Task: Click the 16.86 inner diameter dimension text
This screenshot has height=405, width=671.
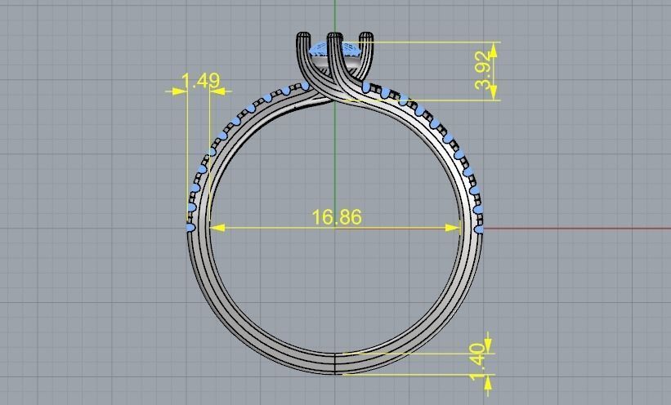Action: [336, 217]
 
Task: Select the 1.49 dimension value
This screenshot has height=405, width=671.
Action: [199, 81]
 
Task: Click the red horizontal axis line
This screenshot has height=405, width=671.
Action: [572, 229]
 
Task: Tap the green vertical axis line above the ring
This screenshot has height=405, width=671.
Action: [335, 16]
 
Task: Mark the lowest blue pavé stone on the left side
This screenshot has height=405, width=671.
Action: [191, 229]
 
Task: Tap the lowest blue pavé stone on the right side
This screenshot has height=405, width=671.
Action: [479, 230]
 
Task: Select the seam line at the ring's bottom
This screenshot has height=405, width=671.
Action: [336, 363]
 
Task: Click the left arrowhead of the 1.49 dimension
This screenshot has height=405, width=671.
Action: [181, 91]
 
